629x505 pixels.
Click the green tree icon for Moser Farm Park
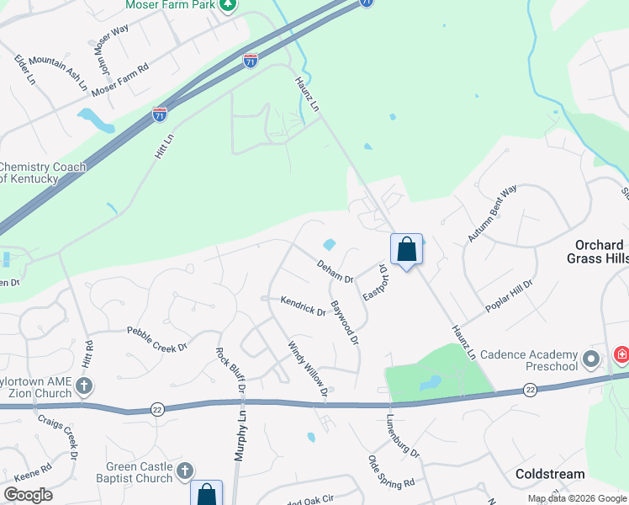click(228, 4)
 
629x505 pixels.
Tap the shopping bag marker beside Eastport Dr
click(406, 250)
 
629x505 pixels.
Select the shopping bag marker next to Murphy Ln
click(207, 494)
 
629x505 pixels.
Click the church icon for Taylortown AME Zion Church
click(83, 386)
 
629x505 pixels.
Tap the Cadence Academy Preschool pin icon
click(591, 360)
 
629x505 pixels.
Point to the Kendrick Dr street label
click(303, 306)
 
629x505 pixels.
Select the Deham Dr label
click(335, 272)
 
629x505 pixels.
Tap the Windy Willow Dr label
click(307, 367)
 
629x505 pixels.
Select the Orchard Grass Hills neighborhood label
click(595, 251)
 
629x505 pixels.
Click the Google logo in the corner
click(28, 495)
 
